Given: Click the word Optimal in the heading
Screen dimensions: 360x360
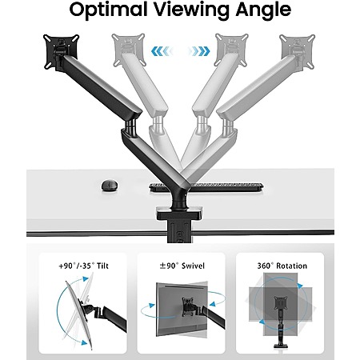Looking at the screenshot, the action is click(x=108, y=10).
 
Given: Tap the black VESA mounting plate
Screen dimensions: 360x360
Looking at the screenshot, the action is click(x=61, y=52).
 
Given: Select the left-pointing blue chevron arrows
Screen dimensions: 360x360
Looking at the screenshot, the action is click(x=161, y=51).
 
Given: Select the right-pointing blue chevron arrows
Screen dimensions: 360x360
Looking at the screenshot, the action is click(x=199, y=51).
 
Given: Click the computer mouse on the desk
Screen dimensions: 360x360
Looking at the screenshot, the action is click(x=110, y=185).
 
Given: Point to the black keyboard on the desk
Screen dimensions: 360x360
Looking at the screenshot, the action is click(x=206, y=187).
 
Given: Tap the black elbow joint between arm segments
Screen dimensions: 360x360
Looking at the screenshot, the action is click(x=130, y=127).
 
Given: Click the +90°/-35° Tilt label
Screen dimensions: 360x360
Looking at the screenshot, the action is click(x=83, y=266).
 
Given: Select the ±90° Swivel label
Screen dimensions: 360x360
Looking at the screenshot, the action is click(x=182, y=266).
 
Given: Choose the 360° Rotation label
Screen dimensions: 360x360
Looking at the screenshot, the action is click(x=282, y=266).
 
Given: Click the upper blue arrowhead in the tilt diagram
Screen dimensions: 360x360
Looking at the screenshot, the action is click(x=86, y=279).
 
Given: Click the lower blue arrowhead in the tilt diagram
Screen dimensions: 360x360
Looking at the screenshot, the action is click(x=84, y=343).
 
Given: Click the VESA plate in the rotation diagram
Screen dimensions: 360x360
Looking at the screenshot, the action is click(x=281, y=303).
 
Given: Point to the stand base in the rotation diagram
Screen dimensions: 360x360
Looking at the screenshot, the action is click(x=281, y=346).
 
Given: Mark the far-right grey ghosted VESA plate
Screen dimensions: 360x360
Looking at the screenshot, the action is click(x=298, y=51).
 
